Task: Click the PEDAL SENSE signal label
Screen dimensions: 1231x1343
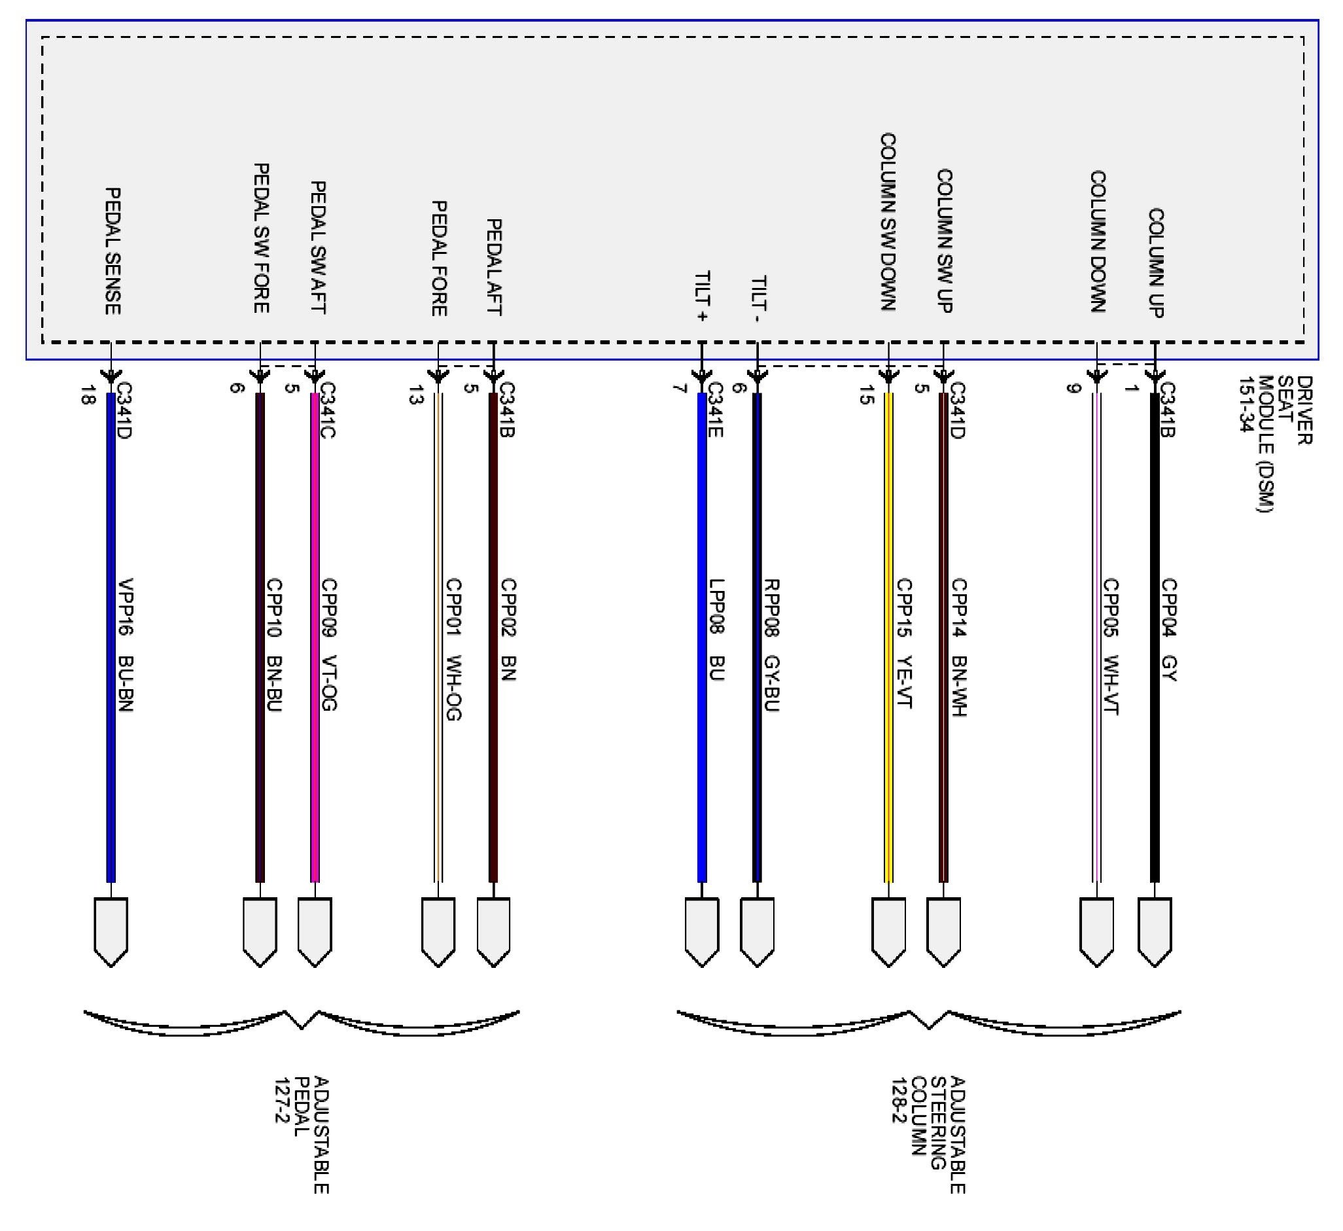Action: click(113, 251)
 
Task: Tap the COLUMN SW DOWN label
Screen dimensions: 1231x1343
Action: click(888, 222)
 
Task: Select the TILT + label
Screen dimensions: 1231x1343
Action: click(701, 296)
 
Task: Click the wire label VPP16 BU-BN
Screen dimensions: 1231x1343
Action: click(126, 645)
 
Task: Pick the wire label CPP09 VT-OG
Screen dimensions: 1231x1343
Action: click(329, 645)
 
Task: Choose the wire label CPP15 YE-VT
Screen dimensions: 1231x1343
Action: click(904, 643)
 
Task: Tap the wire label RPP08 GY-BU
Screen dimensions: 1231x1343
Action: click(771, 645)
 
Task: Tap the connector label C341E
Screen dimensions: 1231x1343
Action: click(716, 409)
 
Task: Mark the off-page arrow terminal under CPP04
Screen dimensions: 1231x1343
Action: click(1155, 931)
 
